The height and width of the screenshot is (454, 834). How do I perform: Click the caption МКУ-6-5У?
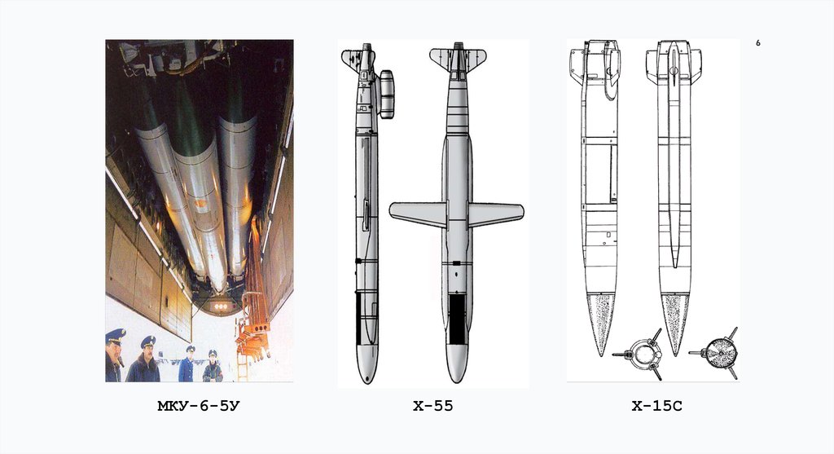[199, 406]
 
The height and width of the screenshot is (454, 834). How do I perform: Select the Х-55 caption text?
[433, 406]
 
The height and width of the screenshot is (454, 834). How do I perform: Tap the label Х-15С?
[657, 406]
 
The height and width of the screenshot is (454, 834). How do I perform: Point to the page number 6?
[758, 43]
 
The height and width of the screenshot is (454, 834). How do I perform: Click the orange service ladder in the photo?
[253, 298]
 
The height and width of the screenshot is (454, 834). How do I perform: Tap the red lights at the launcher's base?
[220, 306]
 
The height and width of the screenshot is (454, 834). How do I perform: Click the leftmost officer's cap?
[116, 335]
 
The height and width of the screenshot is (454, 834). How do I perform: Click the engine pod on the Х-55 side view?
[386, 94]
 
